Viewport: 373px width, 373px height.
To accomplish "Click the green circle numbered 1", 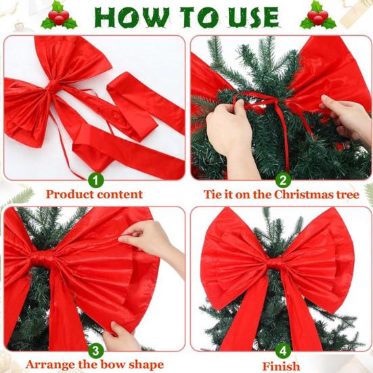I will [96, 180].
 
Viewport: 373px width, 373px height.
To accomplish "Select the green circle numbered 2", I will [283, 180].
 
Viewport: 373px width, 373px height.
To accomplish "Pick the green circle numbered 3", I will [96, 350].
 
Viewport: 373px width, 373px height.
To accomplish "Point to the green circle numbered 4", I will [283, 350].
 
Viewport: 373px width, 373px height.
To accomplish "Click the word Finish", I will [282, 366].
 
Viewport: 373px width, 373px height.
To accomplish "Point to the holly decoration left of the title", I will [59, 16].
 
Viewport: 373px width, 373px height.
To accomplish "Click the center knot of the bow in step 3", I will [43, 259].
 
